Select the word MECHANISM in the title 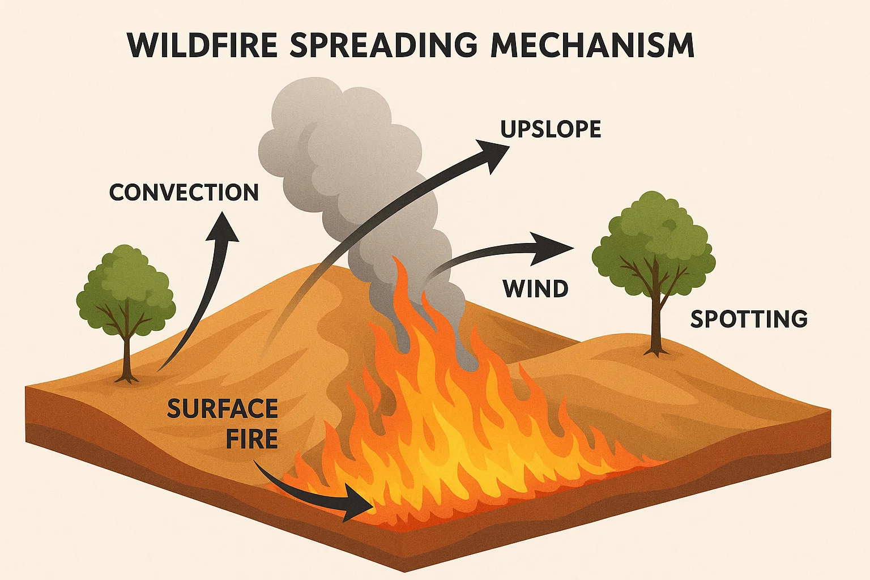pyautogui.click(x=592, y=45)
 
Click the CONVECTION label pyautogui.click(x=184, y=193)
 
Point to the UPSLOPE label pyautogui.click(x=551, y=130)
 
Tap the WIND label pyautogui.click(x=535, y=289)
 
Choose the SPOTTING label pyautogui.click(x=748, y=319)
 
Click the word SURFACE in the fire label pyautogui.click(x=222, y=409)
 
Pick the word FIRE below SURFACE pyautogui.click(x=251, y=440)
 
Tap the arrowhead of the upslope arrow pyautogui.click(x=493, y=151)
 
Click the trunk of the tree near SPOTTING pyautogui.click(x=656, y=323)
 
